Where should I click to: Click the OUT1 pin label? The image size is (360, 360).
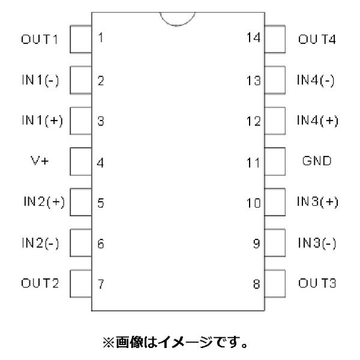coord(40,40)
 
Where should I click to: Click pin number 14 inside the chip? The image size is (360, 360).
coord(254,38)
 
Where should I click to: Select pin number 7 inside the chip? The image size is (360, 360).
coord(100,284)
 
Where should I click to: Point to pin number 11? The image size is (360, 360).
coord(254,162)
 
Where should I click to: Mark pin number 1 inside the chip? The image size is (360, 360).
coord(100,38)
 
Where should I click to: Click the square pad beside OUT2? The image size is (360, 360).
coord(80,283)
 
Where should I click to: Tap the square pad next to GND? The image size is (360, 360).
coord(274,161)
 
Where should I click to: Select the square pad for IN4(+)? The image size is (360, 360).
coord(274,120)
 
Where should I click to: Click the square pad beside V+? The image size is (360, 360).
coord(80,161)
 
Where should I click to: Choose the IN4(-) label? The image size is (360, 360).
coord(316,81)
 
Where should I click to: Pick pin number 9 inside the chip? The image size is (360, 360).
coord(257,244)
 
